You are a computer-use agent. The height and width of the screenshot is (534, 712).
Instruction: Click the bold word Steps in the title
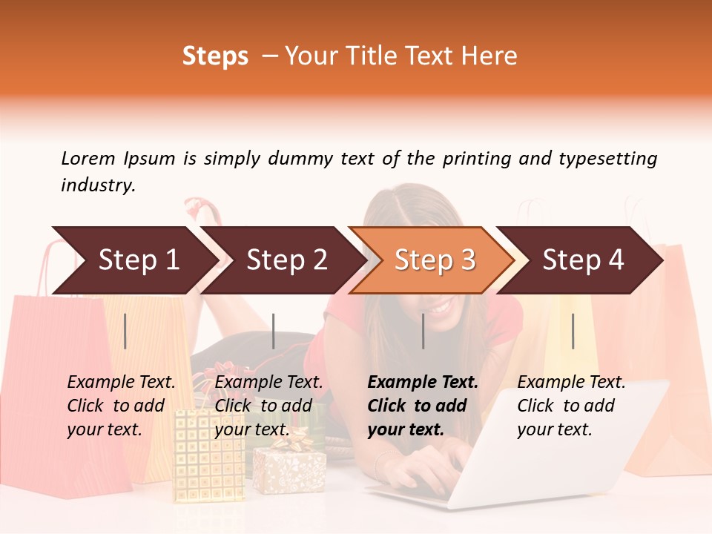[215, 56]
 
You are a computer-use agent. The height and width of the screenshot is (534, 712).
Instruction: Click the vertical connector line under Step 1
[125, 331]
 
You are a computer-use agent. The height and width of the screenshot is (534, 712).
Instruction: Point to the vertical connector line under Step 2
[274, 331]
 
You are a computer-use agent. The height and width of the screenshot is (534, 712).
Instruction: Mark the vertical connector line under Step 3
[423, 331]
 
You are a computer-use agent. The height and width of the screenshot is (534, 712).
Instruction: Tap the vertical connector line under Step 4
[573, 331]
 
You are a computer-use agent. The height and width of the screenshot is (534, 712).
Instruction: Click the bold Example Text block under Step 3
[423, 406]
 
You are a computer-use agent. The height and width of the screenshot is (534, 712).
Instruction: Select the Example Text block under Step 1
[121, 406]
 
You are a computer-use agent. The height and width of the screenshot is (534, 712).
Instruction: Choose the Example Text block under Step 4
[571, 406]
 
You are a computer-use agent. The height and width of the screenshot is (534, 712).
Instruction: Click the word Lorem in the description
[88, 158]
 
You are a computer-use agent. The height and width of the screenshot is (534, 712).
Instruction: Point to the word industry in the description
[97, 185]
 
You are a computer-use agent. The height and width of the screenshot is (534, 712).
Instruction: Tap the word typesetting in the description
[607, 159]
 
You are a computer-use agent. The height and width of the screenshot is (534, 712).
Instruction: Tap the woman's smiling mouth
[441, 306]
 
